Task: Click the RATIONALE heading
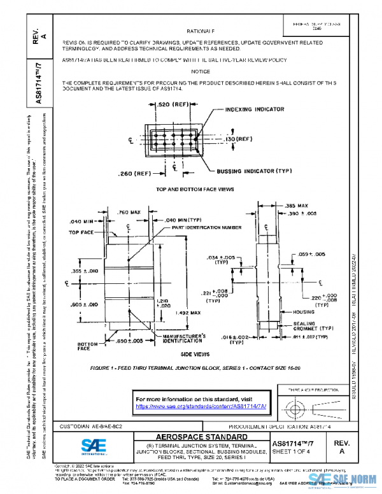click(201, 31)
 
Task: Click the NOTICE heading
click(201, 71)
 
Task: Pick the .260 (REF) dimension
click(134, 173)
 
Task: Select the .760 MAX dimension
click(129, 211)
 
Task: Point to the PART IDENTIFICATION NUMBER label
click(206, 227)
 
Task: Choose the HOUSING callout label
click(304, 312)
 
